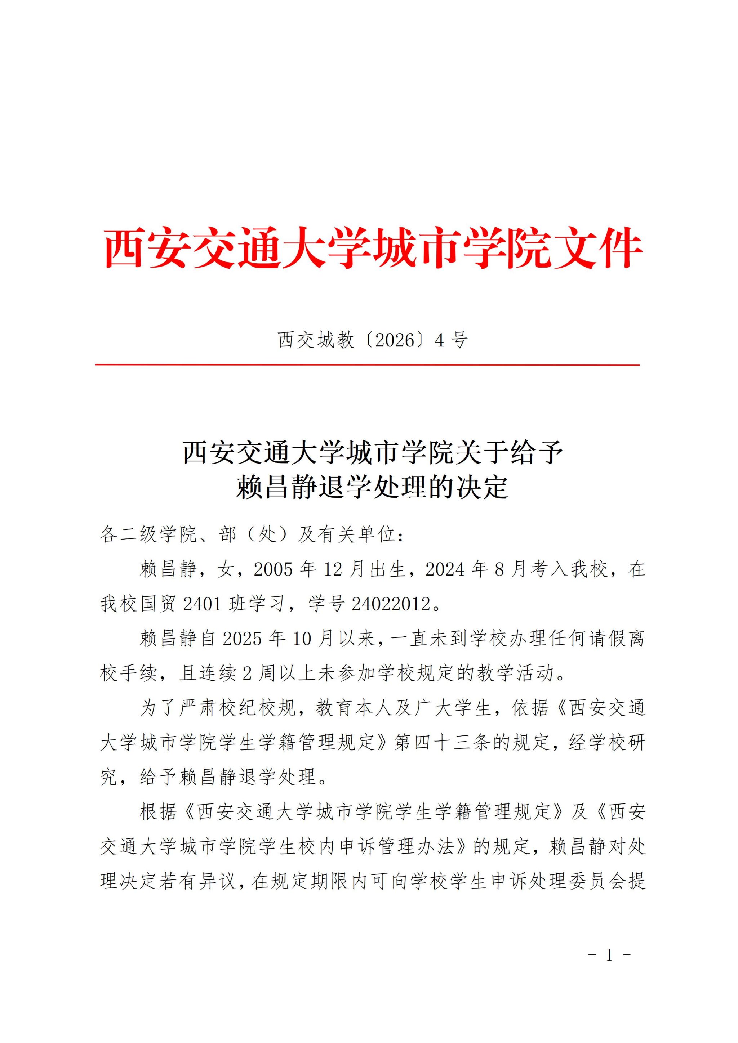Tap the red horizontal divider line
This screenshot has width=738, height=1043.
click(x=367, y=365)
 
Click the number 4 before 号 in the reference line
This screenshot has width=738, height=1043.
click(x=439, y=340)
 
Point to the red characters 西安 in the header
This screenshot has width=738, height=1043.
click(x=146, y=249)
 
